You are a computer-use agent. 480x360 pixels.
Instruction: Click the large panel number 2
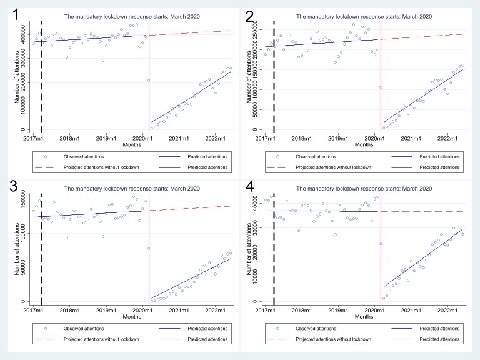pos(249,12)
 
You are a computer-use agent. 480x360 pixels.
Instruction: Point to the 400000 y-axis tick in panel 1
pos(22,39)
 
